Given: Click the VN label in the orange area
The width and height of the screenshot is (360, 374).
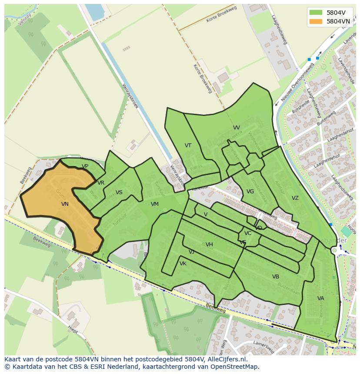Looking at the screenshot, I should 65,204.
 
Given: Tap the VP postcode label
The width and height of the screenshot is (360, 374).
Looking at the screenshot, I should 85,166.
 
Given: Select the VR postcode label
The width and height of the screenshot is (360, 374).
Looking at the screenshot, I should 101,183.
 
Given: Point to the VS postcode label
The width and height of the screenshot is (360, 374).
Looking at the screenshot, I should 119,192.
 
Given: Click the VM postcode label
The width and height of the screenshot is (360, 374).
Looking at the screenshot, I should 154,204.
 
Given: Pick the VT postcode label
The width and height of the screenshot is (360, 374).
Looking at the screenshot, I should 188,146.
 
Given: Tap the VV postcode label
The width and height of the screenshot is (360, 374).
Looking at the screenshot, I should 236,128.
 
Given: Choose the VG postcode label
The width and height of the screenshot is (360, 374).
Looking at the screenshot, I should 250,192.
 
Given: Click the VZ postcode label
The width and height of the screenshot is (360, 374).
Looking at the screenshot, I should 295,198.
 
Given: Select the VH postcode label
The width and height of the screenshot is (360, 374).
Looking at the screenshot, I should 209,245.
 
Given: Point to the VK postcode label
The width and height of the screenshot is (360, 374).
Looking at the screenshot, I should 183,264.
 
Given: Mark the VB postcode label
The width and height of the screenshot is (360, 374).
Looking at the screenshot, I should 276,277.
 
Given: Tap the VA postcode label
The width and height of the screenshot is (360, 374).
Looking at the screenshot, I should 320,298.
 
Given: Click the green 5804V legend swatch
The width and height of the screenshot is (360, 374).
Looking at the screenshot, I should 316,12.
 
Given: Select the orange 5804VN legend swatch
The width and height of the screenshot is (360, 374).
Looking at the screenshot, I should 316,21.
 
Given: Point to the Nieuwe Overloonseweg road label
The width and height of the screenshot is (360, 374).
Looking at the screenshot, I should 297,82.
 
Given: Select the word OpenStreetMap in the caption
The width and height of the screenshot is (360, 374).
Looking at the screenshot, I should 237,367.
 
